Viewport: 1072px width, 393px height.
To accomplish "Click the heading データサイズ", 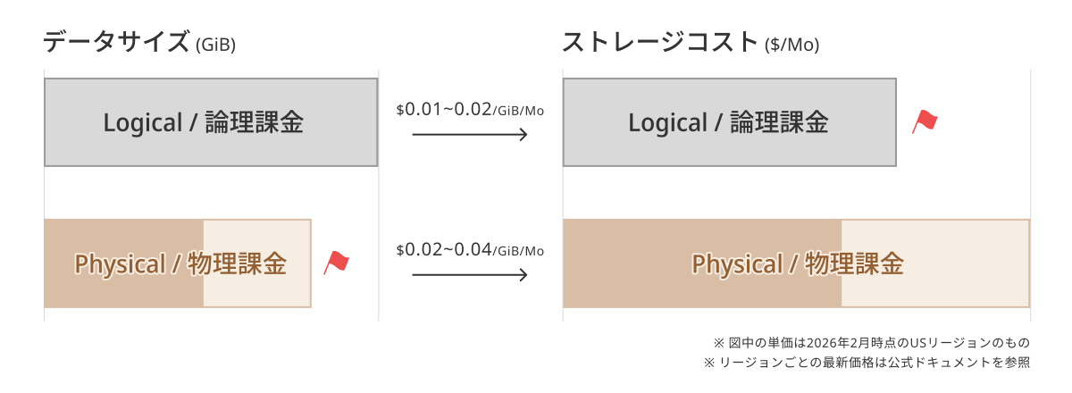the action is [116, 42].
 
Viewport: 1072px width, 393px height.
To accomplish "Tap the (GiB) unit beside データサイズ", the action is [216, 45].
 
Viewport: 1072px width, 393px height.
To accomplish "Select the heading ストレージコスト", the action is [660, 42].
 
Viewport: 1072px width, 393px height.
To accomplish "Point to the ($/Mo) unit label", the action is [792, 45].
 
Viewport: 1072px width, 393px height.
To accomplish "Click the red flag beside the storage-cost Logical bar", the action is [925, 121].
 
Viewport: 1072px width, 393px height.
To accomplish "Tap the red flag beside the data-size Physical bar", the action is [336, 263].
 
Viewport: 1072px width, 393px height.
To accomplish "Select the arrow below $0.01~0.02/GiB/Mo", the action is [470, 135].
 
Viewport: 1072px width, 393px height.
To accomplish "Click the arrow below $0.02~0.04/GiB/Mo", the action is [470, 275].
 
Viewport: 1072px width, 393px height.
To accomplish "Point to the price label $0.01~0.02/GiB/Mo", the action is [470, 110].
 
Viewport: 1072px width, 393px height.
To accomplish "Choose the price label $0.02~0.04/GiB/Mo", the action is [470, 250].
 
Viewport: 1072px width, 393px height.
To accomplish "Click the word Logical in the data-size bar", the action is [143, 122].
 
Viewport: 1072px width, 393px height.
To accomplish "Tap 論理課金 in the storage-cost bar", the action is [780, 122].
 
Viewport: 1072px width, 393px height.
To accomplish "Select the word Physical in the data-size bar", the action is [120, 264].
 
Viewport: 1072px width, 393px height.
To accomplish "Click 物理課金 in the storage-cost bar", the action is [854, 263].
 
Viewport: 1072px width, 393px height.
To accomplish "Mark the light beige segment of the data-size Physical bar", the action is [257, 263].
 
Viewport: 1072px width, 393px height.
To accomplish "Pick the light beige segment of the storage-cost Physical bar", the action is [935, 263].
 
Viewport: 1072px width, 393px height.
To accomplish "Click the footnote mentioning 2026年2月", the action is [872, 343].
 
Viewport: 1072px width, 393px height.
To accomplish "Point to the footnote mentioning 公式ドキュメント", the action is [867, 363].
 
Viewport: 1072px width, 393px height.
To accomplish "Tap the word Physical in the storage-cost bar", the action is [738, 264].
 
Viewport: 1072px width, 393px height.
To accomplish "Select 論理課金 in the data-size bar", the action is [255, 122].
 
